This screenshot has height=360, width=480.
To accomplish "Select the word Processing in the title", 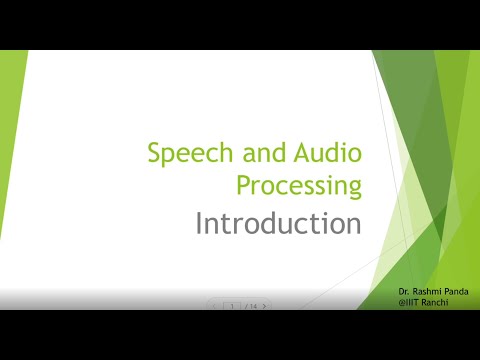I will [x=299, y=186].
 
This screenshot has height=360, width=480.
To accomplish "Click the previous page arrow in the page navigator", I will [x=214, y=306].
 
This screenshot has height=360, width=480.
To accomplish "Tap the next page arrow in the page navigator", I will [x=264, y=306].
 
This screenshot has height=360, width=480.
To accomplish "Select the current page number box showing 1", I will [x=232, y=306].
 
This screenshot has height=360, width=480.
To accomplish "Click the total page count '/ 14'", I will [x=250, y=306].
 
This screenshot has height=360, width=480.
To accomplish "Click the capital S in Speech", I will [x=154, y=153].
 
